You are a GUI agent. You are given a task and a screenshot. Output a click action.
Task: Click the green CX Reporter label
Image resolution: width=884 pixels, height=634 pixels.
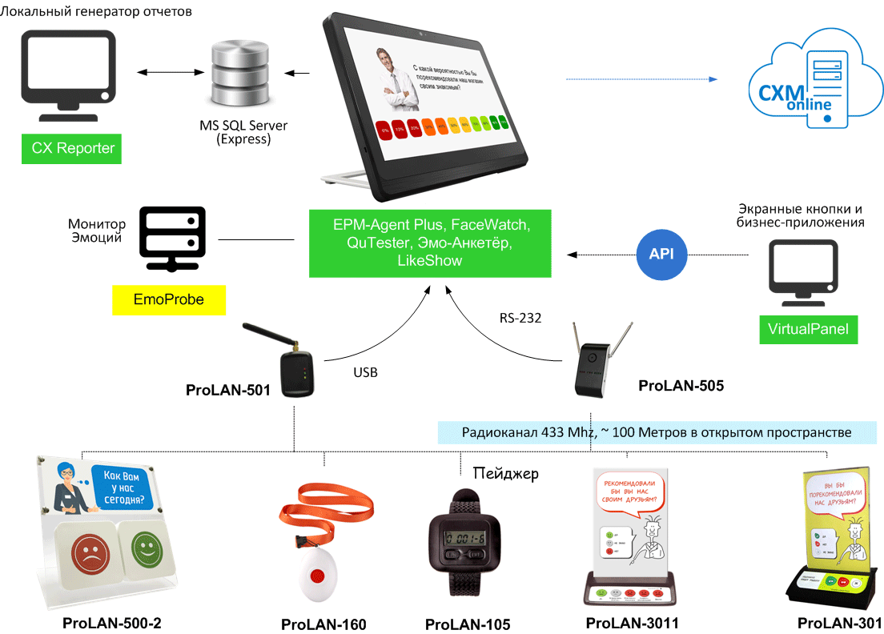71,148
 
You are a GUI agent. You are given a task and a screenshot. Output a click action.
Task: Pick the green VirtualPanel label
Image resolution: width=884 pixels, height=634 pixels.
807,329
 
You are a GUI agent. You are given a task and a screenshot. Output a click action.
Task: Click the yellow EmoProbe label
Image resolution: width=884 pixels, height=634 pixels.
168,299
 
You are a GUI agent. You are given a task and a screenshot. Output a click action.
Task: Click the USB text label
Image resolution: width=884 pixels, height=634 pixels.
365,372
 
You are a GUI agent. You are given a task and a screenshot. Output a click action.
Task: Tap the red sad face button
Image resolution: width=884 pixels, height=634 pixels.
84,551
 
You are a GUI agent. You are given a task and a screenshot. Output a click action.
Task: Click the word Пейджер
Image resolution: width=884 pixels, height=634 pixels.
505,473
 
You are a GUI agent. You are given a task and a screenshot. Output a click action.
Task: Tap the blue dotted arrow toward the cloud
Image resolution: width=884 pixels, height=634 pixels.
641,79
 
